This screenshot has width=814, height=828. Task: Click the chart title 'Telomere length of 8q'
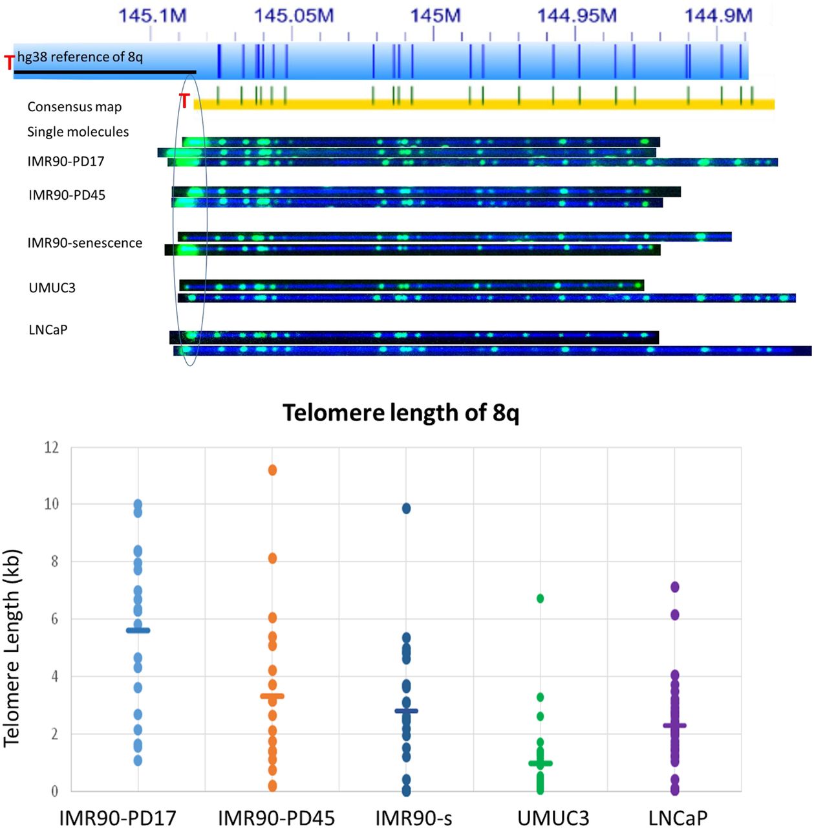click(401, 413)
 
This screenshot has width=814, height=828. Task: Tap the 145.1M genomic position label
click(153, 16)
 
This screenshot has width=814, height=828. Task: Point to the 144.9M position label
click(718, 16)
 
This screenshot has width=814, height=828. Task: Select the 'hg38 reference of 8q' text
click(80, 57)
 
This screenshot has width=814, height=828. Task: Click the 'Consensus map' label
click(74, 107)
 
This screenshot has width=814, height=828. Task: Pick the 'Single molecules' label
click(78, 132)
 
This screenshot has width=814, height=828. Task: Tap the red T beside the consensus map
click(185, 102)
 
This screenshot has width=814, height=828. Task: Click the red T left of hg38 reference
click(9, 63)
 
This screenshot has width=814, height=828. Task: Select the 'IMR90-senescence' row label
click(85, 243)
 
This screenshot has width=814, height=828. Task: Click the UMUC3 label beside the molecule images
click(52, 288)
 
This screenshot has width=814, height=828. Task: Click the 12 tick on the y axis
click(51, 447)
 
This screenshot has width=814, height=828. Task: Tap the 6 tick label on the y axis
click(54, 619)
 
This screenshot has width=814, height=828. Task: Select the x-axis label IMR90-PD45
click(276, 818)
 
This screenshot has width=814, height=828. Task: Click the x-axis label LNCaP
click(678, 818)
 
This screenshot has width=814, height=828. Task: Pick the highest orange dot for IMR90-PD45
click(272, 470)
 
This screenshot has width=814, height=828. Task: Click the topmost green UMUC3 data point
click(540, 598)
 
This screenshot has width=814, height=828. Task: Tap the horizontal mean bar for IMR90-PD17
click(138, 630)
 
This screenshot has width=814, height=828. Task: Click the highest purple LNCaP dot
click(674, 587)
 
